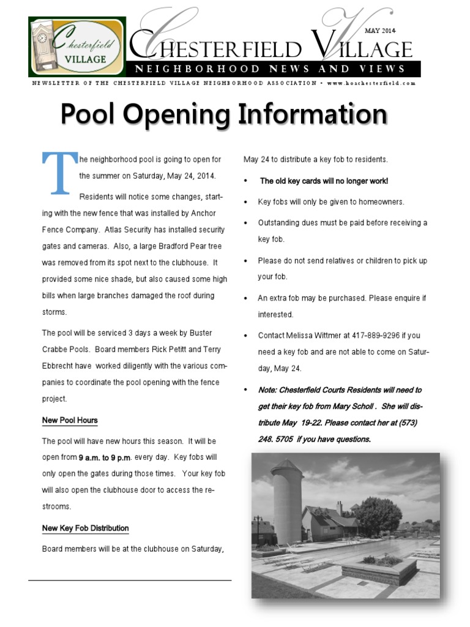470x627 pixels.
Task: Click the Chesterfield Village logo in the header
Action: coord(76,47)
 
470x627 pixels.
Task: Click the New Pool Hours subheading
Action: coord(70,421)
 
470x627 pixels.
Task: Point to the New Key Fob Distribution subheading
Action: coord(85,528)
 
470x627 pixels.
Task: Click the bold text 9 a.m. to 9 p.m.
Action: coord(105,457)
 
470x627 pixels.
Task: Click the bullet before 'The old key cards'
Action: coord(245,181)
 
